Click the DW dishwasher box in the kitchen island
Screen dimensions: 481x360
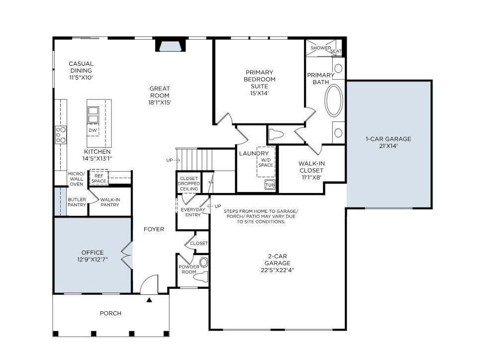93,130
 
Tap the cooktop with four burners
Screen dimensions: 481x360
61,135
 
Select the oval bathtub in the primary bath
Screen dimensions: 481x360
334,100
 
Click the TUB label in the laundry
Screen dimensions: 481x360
270,185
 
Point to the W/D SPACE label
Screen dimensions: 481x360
266,163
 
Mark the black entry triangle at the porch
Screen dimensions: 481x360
149,300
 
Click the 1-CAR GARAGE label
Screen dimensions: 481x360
388,139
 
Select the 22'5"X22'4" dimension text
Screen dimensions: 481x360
278,270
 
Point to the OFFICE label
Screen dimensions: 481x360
93,253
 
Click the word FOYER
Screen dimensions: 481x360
154,229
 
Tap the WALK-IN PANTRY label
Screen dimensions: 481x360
110,202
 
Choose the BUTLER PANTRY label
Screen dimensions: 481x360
77,202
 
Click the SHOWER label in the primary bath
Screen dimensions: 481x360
321,48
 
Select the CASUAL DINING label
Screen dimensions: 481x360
81,67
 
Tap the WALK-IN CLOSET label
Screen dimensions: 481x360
311,167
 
